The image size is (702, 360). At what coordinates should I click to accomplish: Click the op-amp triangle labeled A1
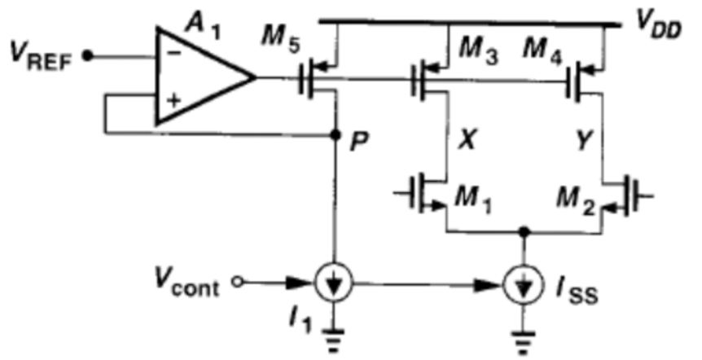(x=197, y=76)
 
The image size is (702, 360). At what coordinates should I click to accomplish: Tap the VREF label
(x=39, y=58)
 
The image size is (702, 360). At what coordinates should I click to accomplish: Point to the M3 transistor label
(x=478, y=54)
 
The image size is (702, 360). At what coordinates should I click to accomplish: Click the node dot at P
(x=334, y=134)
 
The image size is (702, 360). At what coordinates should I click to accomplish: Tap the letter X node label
(x=466, y=143)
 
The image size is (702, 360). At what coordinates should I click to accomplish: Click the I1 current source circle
(x=334, y=283)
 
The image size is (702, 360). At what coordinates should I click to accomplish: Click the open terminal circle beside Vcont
(x=238, y=282)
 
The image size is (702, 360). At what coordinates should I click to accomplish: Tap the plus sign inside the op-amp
(x=173, y=100)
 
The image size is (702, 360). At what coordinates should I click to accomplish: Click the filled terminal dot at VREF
(x=88, y=56)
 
